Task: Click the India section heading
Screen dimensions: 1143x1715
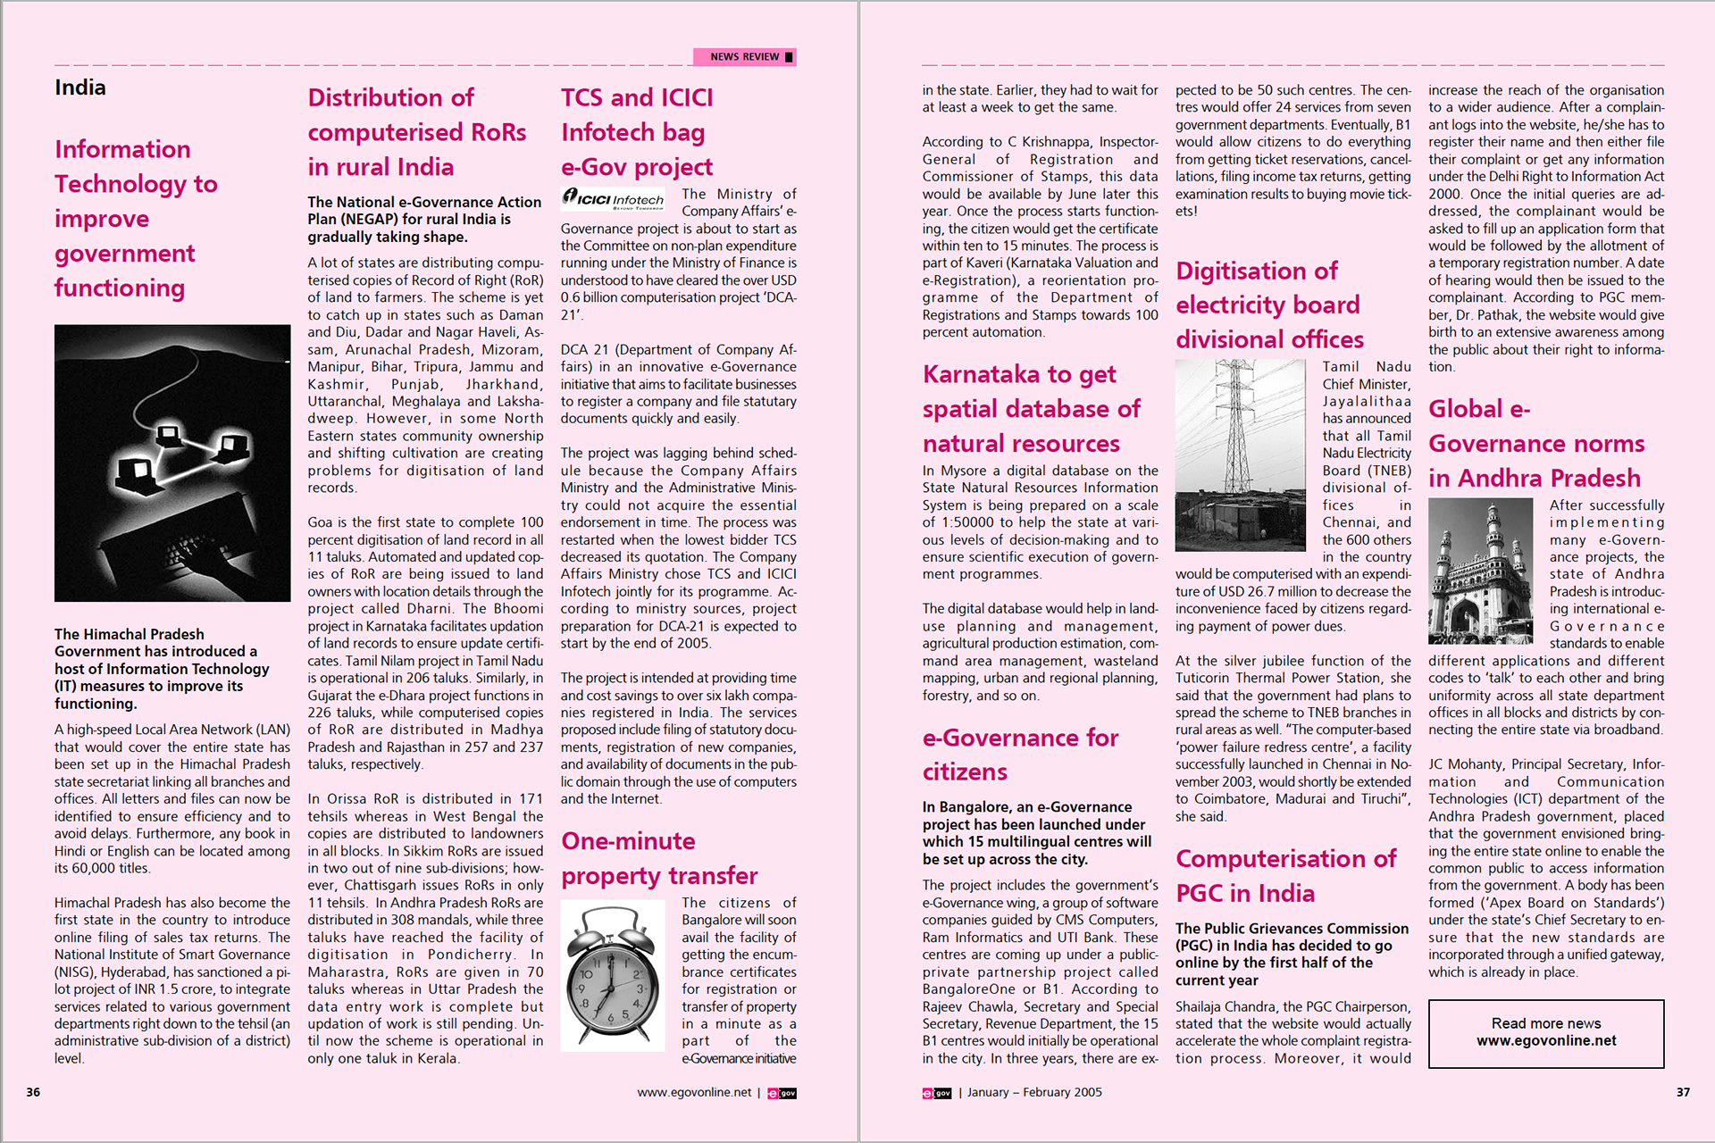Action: (x=80, y=88)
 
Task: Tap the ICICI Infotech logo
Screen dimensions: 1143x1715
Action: (x=614, y=198)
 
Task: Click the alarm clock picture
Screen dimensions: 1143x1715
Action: (x=613, y=975)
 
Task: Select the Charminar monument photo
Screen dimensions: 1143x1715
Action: (x=1480, y=571)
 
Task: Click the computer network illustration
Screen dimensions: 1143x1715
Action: (x=172, y=463)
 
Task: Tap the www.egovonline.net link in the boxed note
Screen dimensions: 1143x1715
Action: (x=1546, y=1041)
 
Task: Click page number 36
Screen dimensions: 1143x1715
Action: (x=33, y=1092)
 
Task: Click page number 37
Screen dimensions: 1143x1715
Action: (x=1683, y=1092)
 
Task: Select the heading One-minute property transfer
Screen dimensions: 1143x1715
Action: (x=659, y=858)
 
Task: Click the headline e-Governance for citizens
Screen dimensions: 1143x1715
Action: (x=1020, y=755)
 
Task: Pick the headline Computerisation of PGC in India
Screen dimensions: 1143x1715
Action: (x=1285, y=875)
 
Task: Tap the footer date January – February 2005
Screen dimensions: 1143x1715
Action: (x=1034, y=1092)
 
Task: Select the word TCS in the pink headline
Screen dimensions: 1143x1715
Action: (x=581, y=97)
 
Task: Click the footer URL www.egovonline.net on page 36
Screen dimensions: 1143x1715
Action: (x=694, y=1092)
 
